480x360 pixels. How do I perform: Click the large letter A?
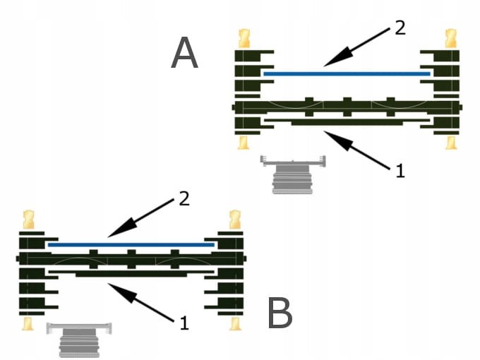pyautogui.click(x=185, y=54)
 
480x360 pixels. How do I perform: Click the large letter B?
pyautogui.click(x=280, y=313)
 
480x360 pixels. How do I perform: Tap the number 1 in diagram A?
pyautogui.click(x=400, y=170)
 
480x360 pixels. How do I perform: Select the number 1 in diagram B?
pyautogui.click(x=184, y=323)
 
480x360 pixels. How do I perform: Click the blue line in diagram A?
pyautogui.click(x=346, y=73)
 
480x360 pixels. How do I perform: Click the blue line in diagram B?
pyautogui.click(x=131, y=244)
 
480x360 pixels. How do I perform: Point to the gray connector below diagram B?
pyautogui.click(x=79, y=340)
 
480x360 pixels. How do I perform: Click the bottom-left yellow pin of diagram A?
pyautogui.click(x=244, y=142)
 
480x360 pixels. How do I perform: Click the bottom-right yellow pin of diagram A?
pyautogui.click(x=450, y=142)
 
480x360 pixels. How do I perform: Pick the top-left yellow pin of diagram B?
pyautogui.click(x=29, y=219)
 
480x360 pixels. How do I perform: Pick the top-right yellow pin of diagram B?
pyautogui.click(x=234, y=219)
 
